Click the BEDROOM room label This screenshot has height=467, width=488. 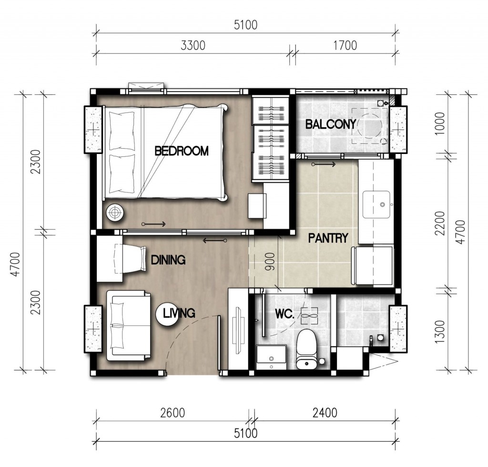pyautogui.click(x=182, y=151)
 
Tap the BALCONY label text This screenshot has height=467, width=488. pyautogui.click(x=331, y=124)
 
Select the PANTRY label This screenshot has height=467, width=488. pyautogui.click(x=328, y=238)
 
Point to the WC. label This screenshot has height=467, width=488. pyautogui.click(x=285, y=314)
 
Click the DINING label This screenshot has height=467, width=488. pyautogui.click(x=168, y=260)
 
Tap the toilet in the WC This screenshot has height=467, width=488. pyautogui.click(x=307, y=349)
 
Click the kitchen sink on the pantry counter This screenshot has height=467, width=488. pyautogui.click(x=376, y=204)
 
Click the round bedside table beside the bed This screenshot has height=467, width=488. pyautogui.click(x=115, y=213)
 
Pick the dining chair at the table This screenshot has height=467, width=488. pyautogui.click(x=131, y=259)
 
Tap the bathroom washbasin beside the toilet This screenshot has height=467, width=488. pyautogui.click(x=271, y=357)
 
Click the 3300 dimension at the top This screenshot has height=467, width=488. pyautogui.click(x=193, y=46)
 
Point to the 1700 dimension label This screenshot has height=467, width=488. pyautogui.click(x=345, y=46)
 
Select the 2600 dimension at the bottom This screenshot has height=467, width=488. pyautogui.click(x=173, y=413)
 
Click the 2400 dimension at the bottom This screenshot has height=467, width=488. pyautogui.click(x=325, y=413)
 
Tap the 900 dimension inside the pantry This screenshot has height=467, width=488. pyautogui.click(x=270, y=261)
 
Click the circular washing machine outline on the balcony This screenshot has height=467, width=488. pyautogui.click(x=369, y=126)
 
